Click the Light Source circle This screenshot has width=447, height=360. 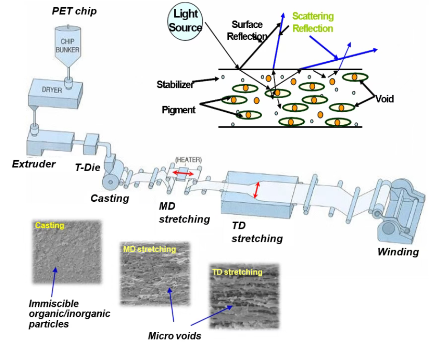[185, 22]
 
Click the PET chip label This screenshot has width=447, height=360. [74, 11]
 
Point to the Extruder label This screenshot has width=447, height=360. [33, 164]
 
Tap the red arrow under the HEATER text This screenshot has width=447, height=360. [183, 174]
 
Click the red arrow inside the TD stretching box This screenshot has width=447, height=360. [257, 190]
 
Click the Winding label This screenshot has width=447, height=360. [398, 251]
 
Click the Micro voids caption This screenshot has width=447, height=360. [174, 336]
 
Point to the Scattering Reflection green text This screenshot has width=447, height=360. [313, 22]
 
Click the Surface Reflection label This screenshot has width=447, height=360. [247, 30]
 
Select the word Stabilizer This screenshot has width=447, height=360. [175, 85]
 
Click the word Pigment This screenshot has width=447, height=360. [178, 110]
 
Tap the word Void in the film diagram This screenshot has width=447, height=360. [384, 99]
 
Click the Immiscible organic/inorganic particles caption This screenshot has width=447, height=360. [69, 314]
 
